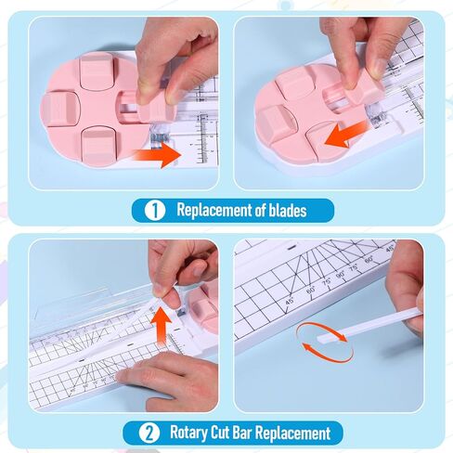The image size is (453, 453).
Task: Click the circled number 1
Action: [x=155, y=211]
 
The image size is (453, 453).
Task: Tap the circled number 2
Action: [x=149, y=433]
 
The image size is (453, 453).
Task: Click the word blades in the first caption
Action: [x=288, y=211]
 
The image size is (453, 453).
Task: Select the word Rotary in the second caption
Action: [x=188, y=434]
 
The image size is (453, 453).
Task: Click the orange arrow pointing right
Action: [x=158, y=155]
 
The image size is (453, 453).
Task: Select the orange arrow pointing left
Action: [x=346, y=135]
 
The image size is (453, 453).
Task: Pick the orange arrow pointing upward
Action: [x=162, y=325]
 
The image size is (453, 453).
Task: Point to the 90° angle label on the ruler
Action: [x=341, y=274]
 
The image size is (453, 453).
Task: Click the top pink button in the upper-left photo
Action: [x=98, y=73]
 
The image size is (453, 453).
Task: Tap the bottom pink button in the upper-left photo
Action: [x=99, y=144]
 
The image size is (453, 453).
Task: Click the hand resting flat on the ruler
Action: [x=169, y=378]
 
